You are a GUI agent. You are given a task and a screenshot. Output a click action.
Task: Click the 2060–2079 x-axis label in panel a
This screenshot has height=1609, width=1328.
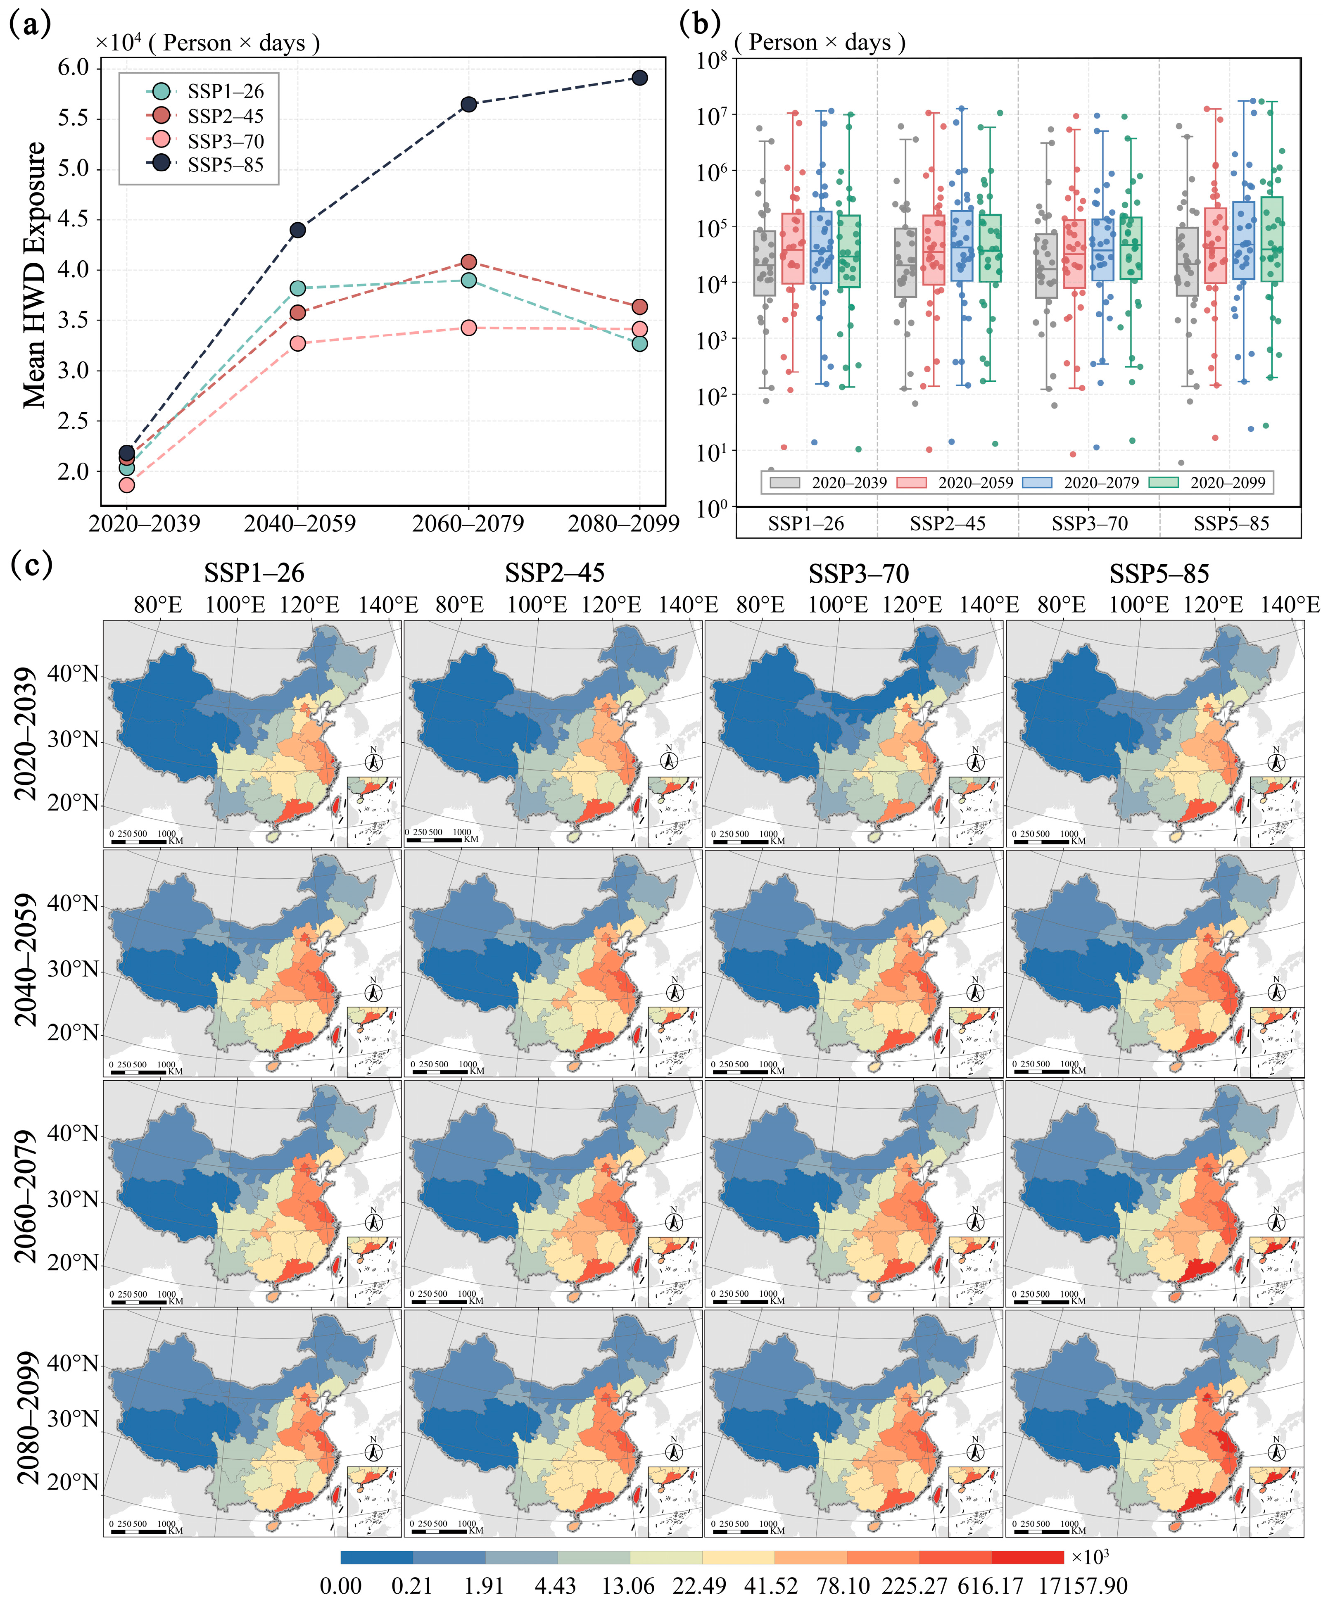tap(468, 524)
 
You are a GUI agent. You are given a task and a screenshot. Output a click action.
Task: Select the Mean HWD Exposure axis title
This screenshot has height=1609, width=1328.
tap(34, 276)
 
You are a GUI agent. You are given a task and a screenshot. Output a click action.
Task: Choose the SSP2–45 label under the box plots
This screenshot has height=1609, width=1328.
tap(947, 524)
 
